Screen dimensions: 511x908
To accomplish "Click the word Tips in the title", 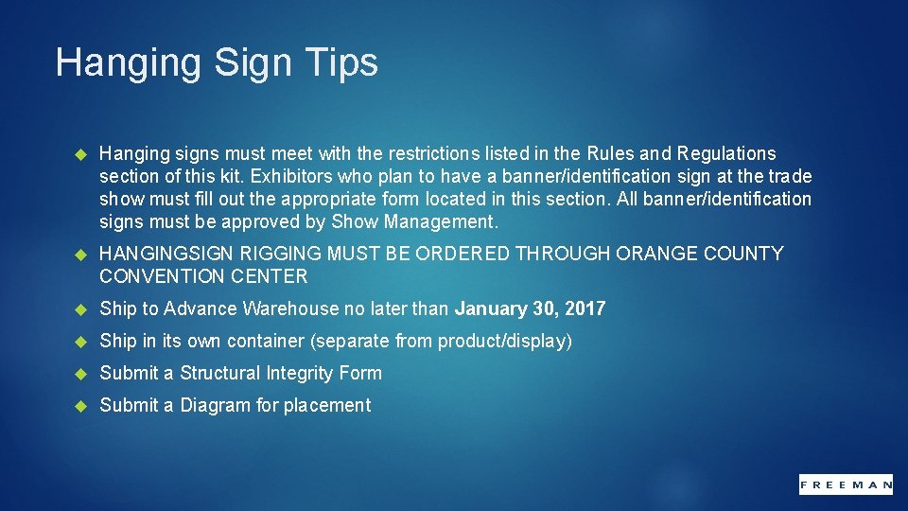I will tap(341, 62).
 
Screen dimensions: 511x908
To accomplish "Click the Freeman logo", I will tap(846, 484).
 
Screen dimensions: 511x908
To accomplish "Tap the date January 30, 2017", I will tap(530, 308).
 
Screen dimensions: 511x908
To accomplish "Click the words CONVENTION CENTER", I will tap(203, 276).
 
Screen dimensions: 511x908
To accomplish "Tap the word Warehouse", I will tap(290, 308).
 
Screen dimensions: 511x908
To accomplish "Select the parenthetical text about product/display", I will tap(442, 341).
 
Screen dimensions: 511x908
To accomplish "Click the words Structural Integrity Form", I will tap(281, 373).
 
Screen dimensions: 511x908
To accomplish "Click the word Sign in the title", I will tap(255, 62).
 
